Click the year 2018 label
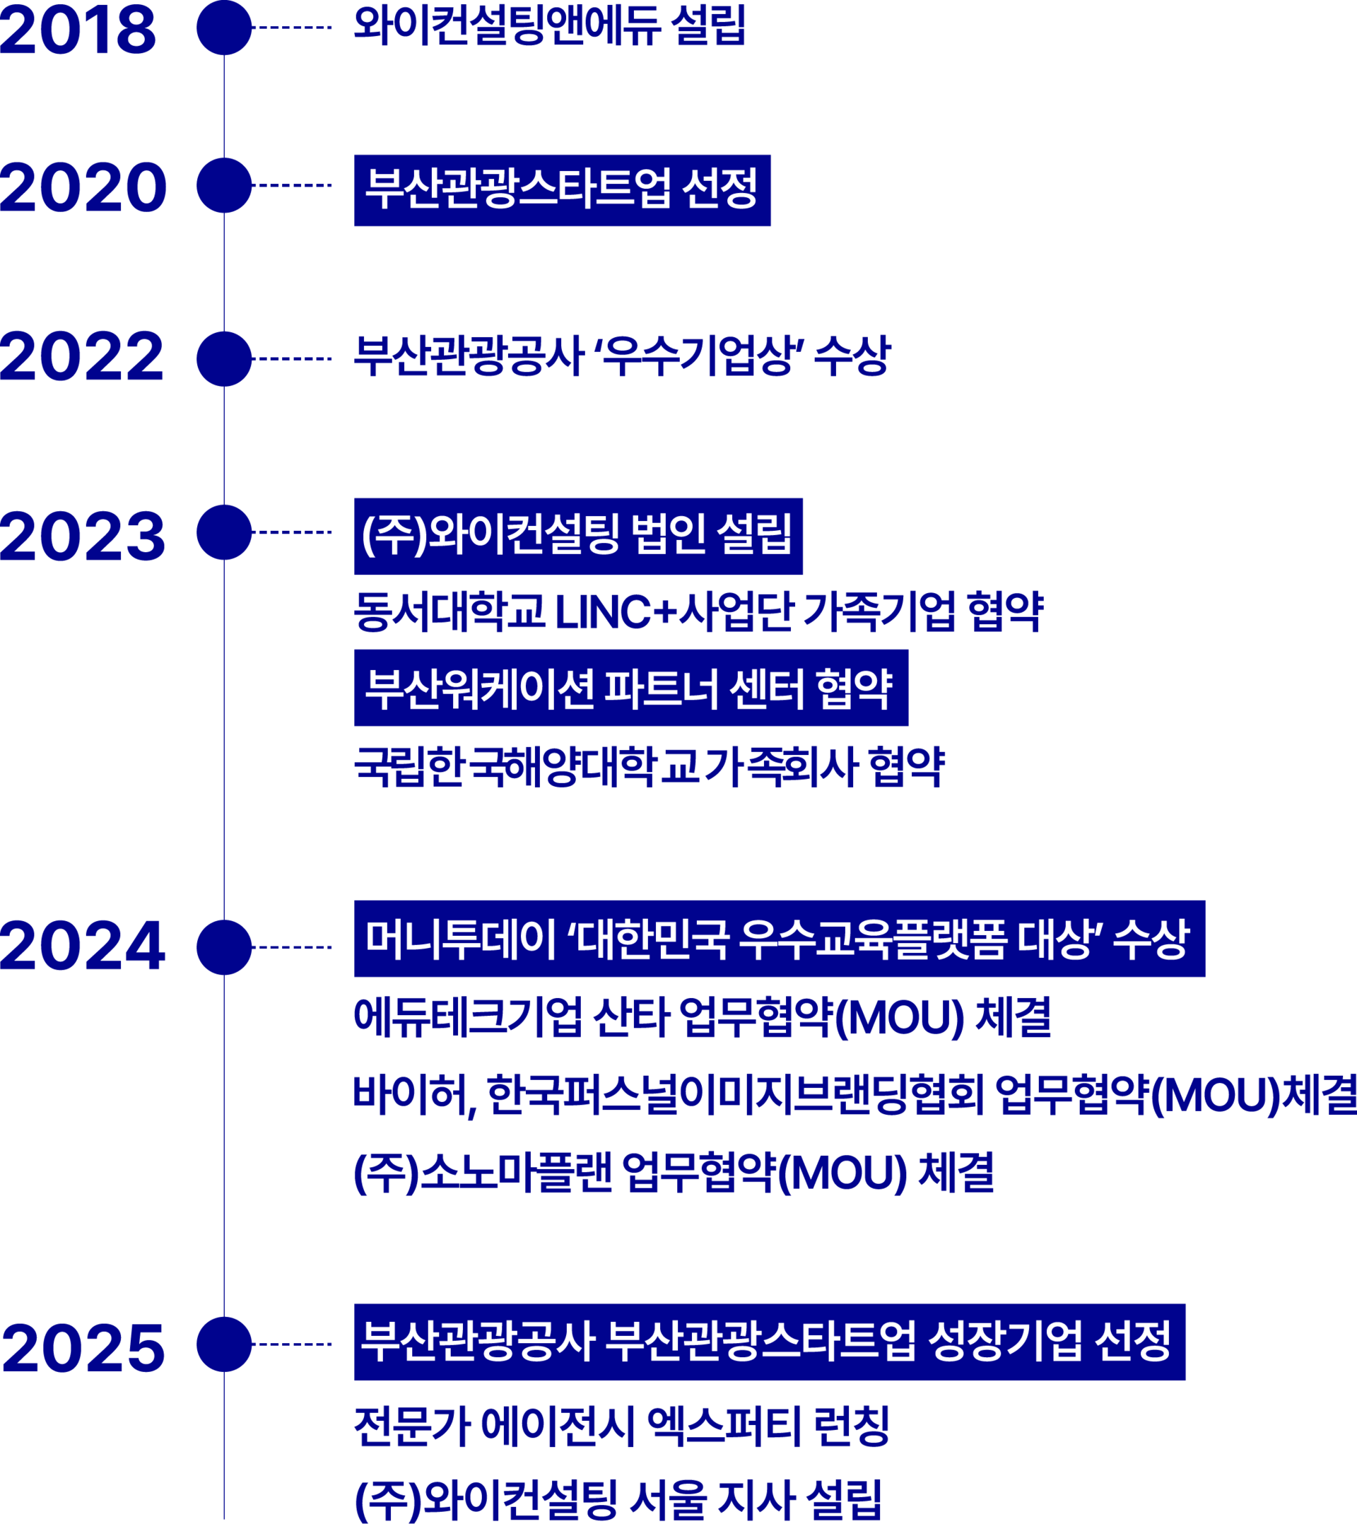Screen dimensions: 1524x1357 click(78, 30)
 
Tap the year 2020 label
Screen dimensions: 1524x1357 click(83, 187)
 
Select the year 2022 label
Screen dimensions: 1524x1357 click(82, 357)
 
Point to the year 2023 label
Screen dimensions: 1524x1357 click(83, 536)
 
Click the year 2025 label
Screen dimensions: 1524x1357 click(83, 1348)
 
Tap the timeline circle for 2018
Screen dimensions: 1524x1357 click(225, 28)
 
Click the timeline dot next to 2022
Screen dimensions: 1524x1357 click(225, 358)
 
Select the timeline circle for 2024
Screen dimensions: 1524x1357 click(225, 947)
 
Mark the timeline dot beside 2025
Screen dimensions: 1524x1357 click(225, 1344)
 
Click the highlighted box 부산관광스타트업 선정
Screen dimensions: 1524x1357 click(562, 190)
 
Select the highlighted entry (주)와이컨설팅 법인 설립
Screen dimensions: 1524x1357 click(578, 536)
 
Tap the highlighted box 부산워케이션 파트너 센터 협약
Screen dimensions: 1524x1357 click(630, 688)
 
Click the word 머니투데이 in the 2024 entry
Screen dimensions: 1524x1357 click(460, 940)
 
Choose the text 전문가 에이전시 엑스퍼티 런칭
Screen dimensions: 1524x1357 click(621, 1426)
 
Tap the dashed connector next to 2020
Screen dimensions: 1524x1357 click(293, 185)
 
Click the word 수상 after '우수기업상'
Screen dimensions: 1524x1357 click(852, 356)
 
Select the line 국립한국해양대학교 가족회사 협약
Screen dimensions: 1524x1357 click(650, 766)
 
